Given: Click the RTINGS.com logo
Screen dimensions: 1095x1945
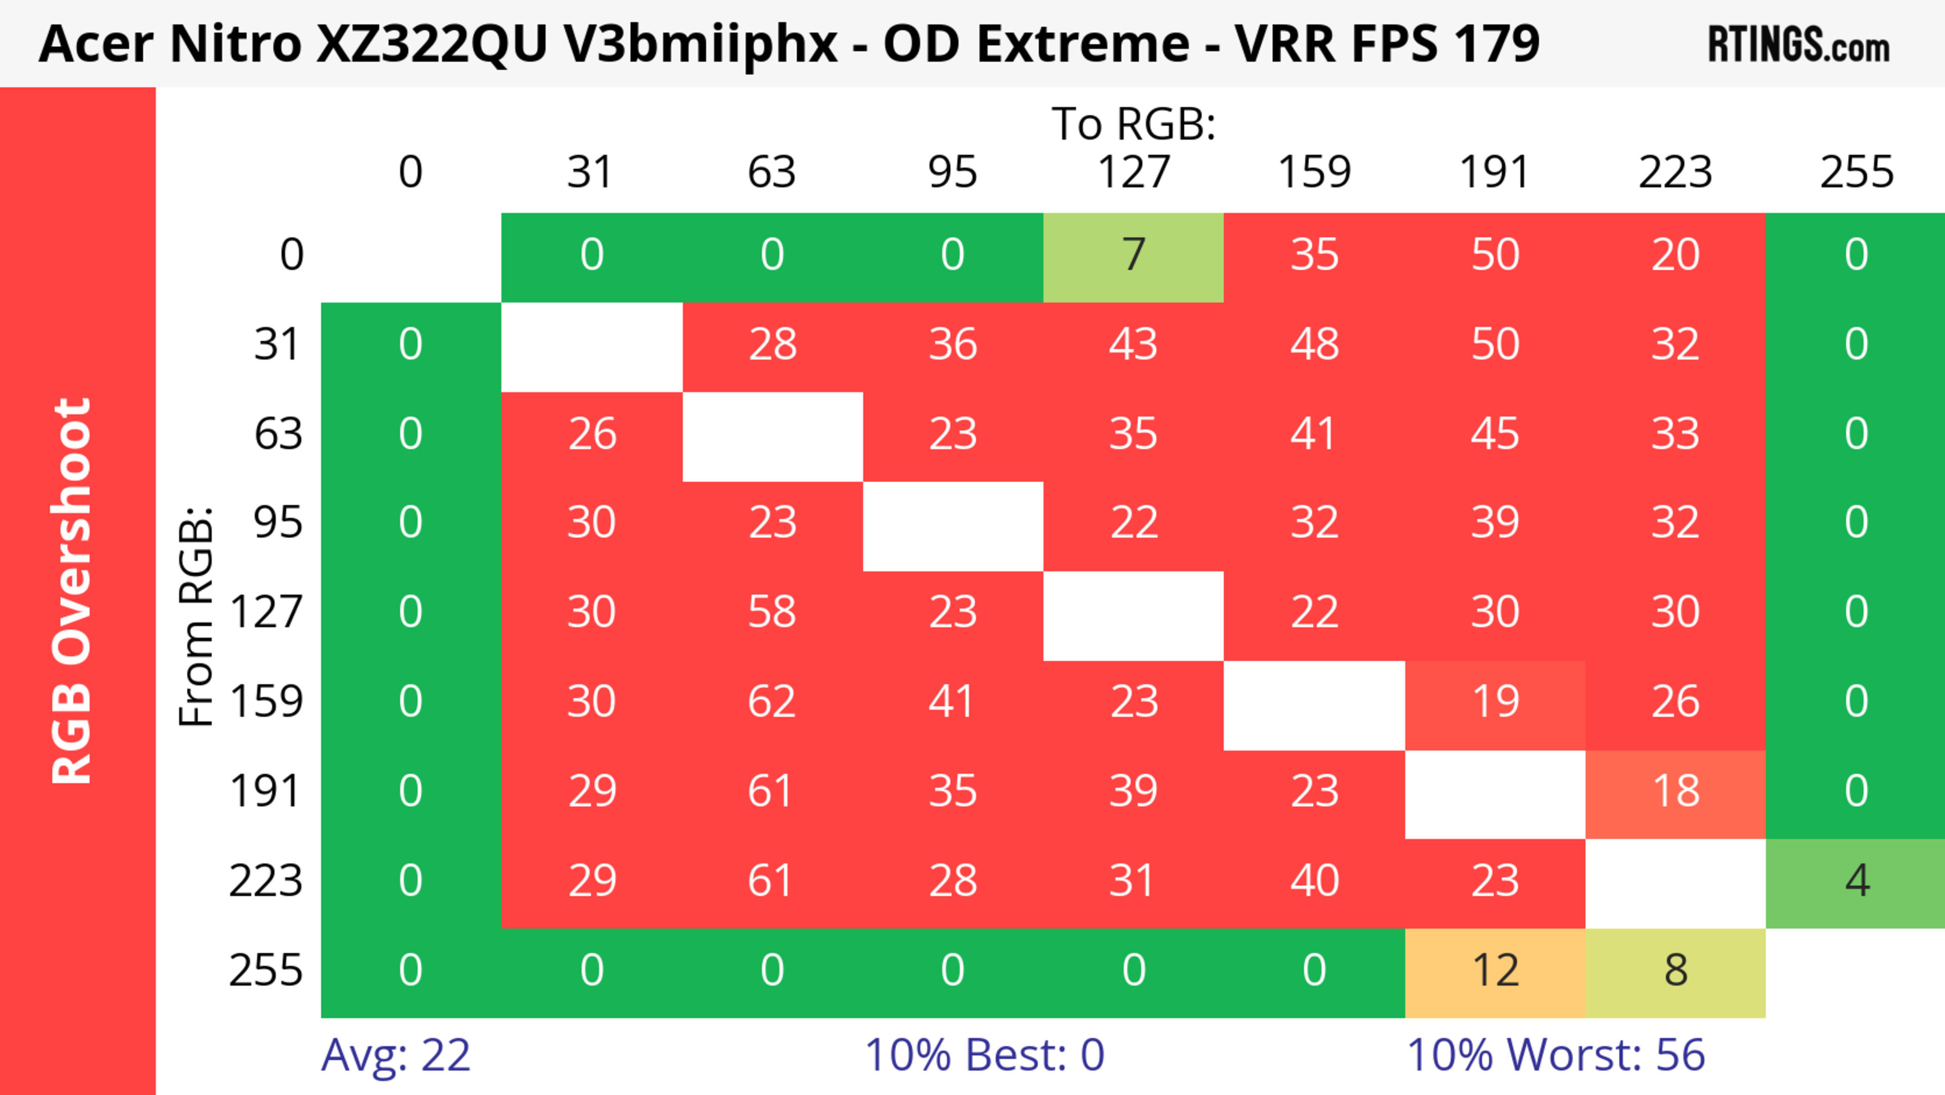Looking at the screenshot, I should (1799, 45).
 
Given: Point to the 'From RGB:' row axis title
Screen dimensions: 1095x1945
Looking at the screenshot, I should (197, 616).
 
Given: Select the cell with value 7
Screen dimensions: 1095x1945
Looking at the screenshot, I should (1134, 255).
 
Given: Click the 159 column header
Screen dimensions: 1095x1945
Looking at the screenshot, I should (1314, 172).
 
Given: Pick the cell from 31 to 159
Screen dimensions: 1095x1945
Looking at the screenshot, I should (1314, 345).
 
